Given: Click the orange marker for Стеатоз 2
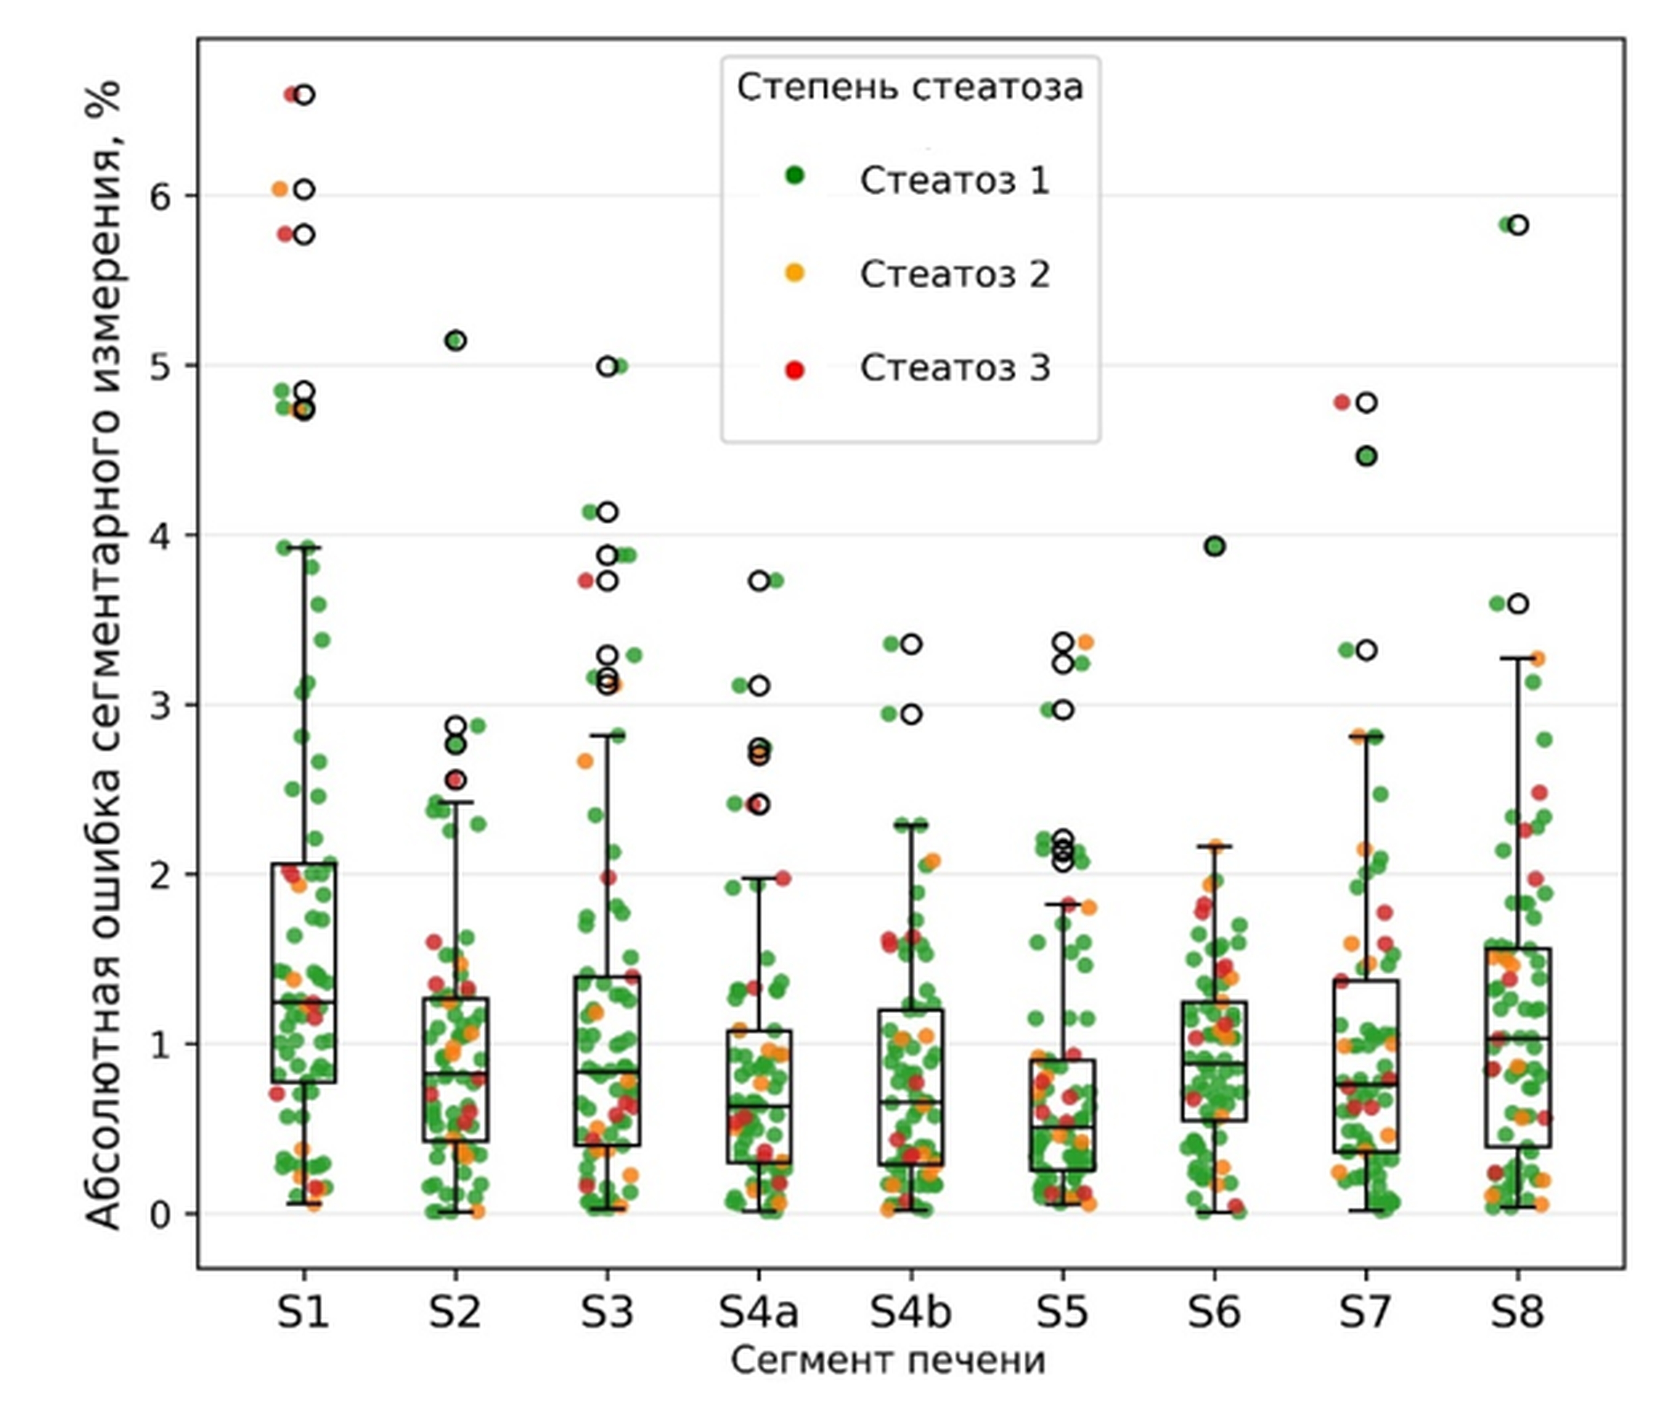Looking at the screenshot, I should (795, 273).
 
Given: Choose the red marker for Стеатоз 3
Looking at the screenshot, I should (795, 369).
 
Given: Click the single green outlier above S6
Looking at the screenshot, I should (1215, 547).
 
